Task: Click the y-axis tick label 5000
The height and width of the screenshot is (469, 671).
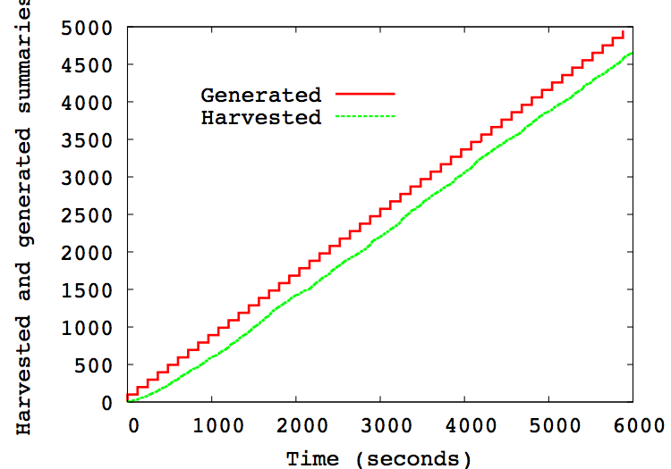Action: pos(89,28)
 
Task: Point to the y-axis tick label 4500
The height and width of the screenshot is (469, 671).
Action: pos(89,65)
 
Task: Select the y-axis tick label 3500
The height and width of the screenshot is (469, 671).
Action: pos(89,140)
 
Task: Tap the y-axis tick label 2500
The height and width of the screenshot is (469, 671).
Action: pos(89,215)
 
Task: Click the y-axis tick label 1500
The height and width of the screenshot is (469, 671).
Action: pos(89,290)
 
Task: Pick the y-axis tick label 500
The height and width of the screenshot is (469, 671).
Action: pos(94,365)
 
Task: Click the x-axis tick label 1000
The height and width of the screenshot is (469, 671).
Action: pos(212,425)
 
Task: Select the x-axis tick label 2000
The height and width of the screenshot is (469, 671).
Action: pos(296,425)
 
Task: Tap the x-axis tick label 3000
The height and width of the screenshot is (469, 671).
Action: pos(380,425)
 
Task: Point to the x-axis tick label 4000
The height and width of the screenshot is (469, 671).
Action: pos(464,425)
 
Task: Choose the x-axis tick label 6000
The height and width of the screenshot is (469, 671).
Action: pos(633,425)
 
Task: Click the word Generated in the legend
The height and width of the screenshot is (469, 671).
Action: pos(260,95)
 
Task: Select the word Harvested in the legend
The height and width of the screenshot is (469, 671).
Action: pos(260,117)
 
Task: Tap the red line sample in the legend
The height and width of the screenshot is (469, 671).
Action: pos(365,93)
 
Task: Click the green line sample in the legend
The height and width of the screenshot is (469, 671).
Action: pos(365,116)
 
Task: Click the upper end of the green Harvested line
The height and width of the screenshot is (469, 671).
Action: pos(632,54)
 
